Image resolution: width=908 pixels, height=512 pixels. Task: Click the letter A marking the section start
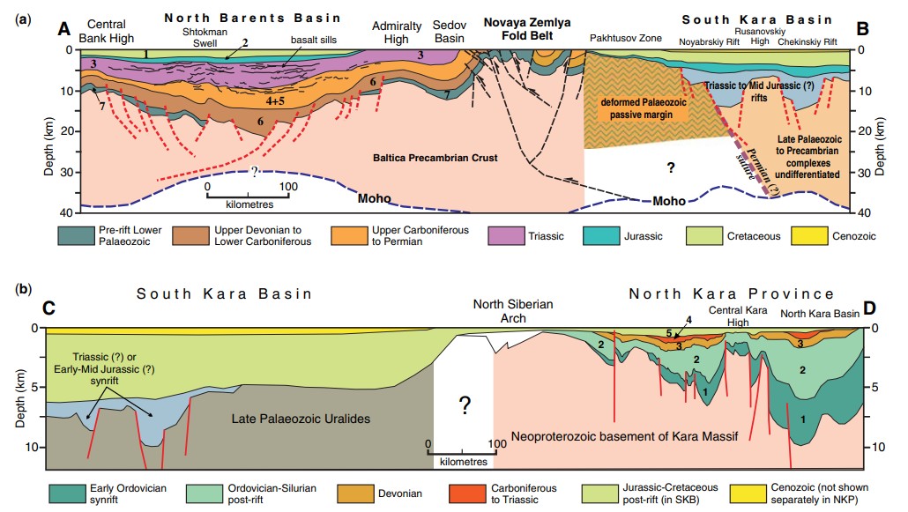63,28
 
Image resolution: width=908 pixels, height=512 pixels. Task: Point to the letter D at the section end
869,308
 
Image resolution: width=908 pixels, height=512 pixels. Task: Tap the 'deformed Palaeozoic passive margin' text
644,108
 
